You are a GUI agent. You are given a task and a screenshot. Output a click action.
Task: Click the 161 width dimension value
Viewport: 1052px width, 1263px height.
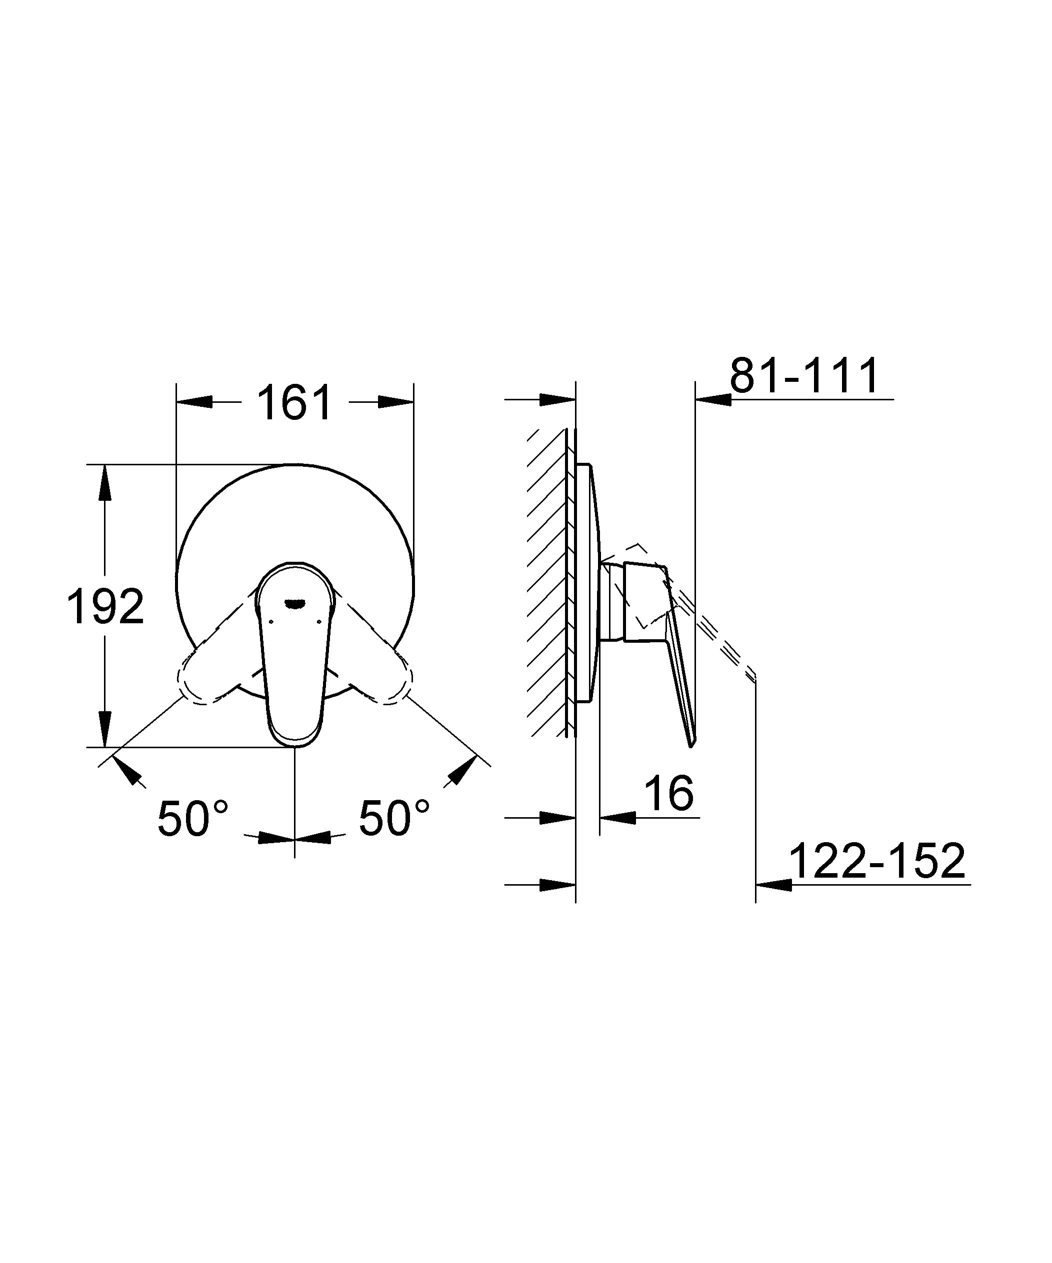coord(295,403)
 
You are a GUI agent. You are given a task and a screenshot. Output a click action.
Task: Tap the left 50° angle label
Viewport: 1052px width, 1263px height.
coord(192,818)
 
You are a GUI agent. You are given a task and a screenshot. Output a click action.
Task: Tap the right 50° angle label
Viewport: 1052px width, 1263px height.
coord(394,818)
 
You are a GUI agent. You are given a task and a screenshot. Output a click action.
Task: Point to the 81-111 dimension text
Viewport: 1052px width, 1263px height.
coord(804,376)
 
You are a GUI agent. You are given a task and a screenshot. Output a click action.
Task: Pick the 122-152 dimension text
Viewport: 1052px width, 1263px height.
coord(876,861)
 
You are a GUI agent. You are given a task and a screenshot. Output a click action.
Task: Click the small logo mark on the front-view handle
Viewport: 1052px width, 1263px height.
coord(295,603)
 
